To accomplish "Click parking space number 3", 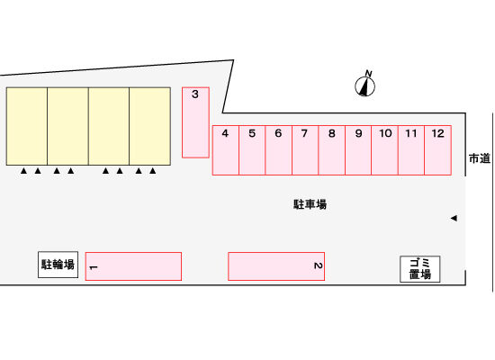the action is click(195, 122).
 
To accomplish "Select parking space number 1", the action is click(133, 266).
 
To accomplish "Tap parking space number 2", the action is click(276, 266).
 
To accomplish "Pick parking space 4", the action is click(225, 150).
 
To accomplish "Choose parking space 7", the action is click(305, 150).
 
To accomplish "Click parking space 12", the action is click(438, 150).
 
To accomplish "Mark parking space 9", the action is click(358, 150).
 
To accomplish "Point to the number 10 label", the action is click(385, 133).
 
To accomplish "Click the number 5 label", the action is click(252, 133).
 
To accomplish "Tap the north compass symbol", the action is click(364, 84).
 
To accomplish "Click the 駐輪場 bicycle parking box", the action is click(58, 265).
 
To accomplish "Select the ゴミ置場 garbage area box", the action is click(420, 269).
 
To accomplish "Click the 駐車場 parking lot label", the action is click(310, 204).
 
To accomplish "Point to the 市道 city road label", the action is click(479, 158).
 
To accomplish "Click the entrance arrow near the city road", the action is click(454, 218).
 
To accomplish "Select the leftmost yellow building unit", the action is click(27, 126).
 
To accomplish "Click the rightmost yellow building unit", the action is click(150, 126).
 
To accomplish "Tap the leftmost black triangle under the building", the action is click(23, 171).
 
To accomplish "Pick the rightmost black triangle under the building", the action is click(153, 171).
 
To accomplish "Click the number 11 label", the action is click(411, 133).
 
